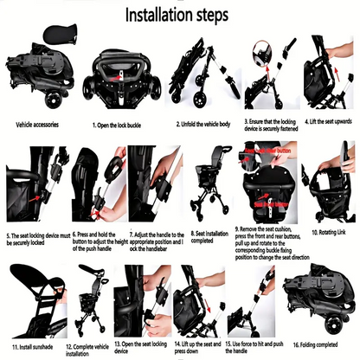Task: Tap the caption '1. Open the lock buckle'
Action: pyautogui.click(x=125, y=123)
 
